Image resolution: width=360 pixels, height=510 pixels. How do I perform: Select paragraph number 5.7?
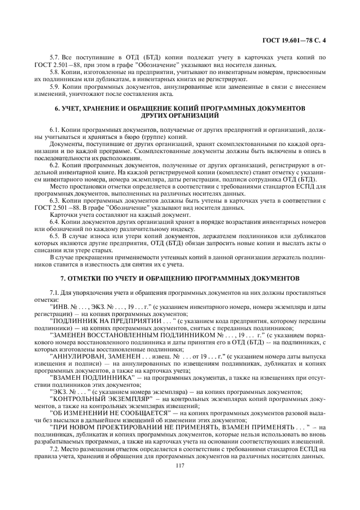click(x=54, y=57)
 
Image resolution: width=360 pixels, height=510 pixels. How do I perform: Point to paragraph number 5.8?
click(x=54, y=71)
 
